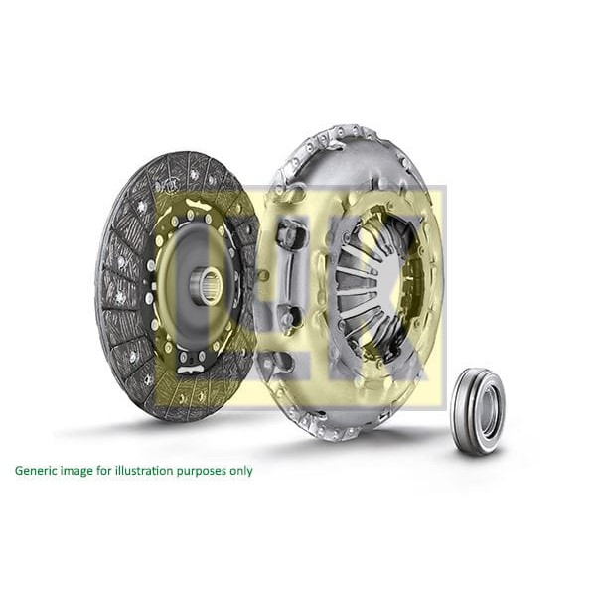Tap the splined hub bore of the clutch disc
tap(208, 287)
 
